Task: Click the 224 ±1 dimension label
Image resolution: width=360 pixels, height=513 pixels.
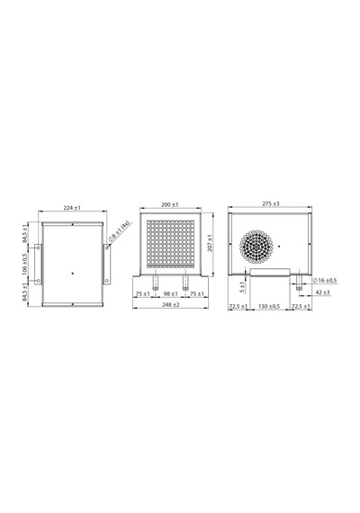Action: (x=72, y=208)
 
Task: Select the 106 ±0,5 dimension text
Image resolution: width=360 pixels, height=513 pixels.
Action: (x=25, y=265)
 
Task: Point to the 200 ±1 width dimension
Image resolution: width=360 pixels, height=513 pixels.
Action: (x=170, y=205)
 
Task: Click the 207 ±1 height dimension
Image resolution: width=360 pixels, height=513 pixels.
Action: (x=210, y=242)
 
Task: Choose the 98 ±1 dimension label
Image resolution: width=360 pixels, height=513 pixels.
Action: (x=170, y=294)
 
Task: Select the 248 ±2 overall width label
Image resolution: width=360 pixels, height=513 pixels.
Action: (x=171, y=304)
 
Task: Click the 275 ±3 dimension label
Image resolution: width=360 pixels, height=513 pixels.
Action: (x=271, y=203)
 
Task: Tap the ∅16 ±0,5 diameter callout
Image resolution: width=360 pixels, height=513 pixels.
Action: (x=325, y=281)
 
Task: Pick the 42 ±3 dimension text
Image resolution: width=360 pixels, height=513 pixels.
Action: (x=322, y=292)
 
